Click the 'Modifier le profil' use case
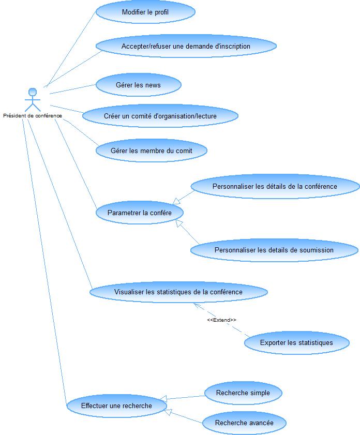[145, 12]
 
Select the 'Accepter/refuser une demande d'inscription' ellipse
[186, 46]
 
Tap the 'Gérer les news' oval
[138, 85]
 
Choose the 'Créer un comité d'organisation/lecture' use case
[160, 116]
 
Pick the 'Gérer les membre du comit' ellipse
[152, 151]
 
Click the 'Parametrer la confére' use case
[140, 213]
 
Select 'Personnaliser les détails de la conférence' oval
[275, 186]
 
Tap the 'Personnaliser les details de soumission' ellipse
[274, 250]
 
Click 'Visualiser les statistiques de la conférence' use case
[178, 292]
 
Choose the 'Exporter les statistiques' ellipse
[296, 342]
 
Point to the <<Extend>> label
[221, 320]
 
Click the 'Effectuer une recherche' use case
[117, 406]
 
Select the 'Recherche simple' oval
[243, 393]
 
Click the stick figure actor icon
[33, 100]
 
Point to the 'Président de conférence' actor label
[33, 116]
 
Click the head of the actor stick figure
[33, 92]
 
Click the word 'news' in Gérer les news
[151, 85]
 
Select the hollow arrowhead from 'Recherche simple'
[163, 399]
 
